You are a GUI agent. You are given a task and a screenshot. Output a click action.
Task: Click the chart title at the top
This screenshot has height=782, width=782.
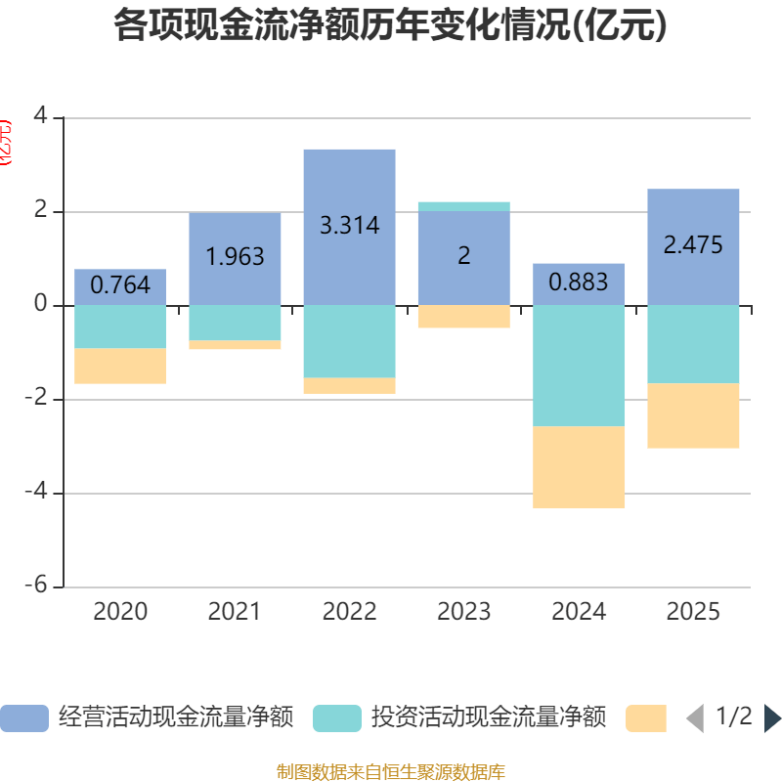pyautogui.click(x=391, y=26)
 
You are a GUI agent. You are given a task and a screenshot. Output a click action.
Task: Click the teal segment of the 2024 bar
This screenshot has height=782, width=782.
pyautogui.click(x=579, y=366)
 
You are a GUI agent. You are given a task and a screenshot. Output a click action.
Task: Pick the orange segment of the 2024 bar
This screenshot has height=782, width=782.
pyautogui.click(x=579, y=467)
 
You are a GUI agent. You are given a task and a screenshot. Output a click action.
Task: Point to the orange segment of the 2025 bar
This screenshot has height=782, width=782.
pyautogui.click(x=693, y=416)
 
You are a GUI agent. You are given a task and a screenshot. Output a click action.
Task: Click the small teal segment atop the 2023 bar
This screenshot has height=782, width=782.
pyautogui.click(x=463, y=206)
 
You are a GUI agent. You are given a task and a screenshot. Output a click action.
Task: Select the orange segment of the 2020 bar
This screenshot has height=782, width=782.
pyautogui.click(x=120, y=367)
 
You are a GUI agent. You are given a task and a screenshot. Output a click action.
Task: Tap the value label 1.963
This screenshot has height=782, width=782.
pyautogui.click(x=235, y=256)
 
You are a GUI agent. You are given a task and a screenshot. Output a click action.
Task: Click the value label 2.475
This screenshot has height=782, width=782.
pyautogui.click(x=693, y=244)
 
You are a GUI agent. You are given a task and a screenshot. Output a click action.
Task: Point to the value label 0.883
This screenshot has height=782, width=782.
pyautogui.click(x=579, y=283)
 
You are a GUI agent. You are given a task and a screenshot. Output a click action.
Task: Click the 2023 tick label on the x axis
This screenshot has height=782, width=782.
pyautogui.click(x=463, y=612)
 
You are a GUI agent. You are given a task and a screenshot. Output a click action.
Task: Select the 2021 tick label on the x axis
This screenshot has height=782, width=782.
pyautogui.click(x=235, y=612)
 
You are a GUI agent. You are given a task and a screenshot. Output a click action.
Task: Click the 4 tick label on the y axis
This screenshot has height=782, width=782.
pyautogui.click(x=40, y=115)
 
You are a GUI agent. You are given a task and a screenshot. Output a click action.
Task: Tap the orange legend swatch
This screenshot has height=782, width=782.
pyautogui.click(x=646, y=718)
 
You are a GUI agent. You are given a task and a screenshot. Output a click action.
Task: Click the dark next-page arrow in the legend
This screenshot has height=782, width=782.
pyautogui.click(x=772, y=718)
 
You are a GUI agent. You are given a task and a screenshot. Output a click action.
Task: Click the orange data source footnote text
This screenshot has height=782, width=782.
pyautogui.click(x=391, y=772)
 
